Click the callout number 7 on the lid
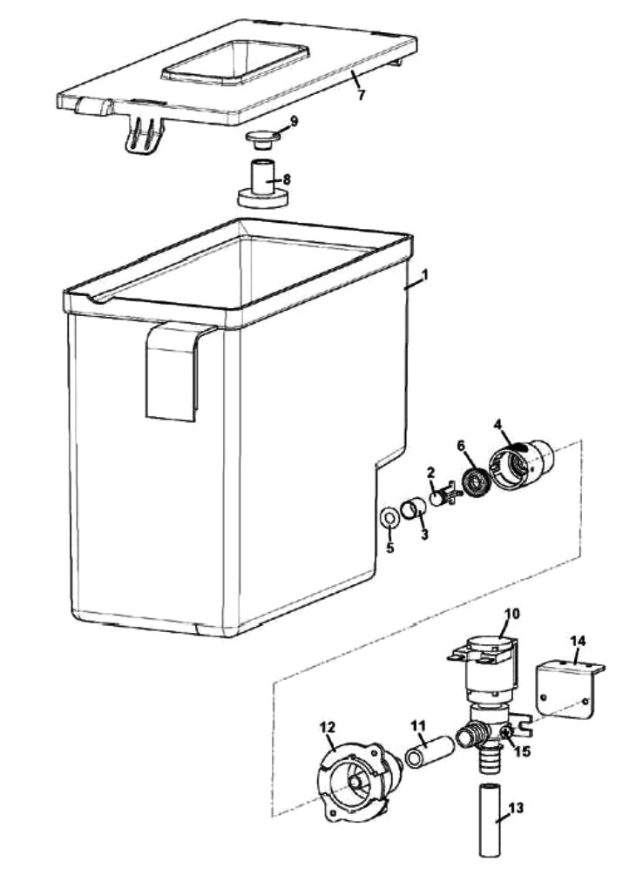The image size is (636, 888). tap(361, 95)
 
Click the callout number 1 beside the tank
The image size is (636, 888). tap(424, 274)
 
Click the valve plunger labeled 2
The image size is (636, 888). tap(441, 500)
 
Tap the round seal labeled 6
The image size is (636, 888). tap(477, 481)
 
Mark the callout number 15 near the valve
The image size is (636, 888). tap(522, 750)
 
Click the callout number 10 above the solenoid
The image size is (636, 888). tap(511, 613)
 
